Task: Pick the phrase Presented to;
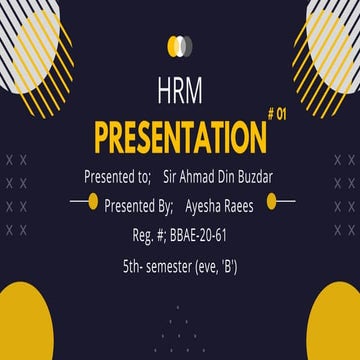[117, 177]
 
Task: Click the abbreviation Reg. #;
[146, 237]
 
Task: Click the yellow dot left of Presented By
[92, 203]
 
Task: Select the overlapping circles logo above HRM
[180, 44]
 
